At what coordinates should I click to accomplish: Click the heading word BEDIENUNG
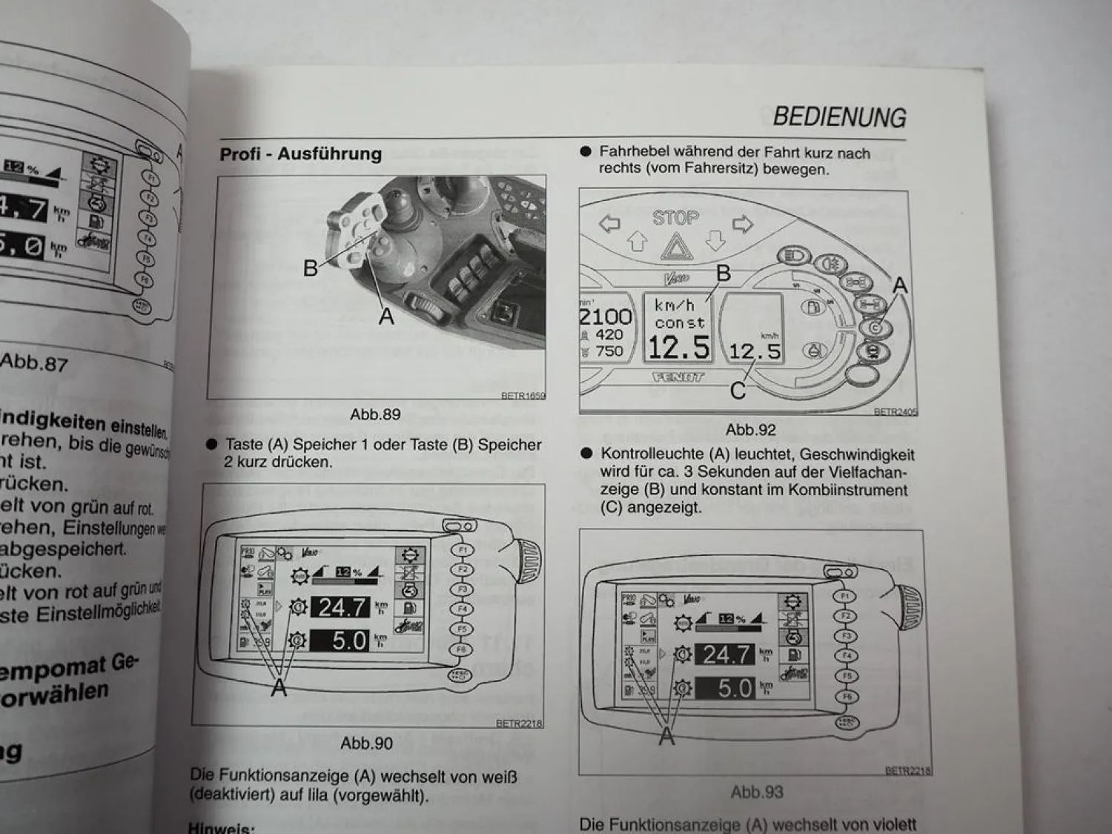point(839,117)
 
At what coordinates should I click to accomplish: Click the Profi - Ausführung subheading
point(300,154)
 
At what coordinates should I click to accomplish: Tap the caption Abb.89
point(375,414)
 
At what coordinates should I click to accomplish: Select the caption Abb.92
point(750,430)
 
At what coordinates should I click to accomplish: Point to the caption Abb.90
point(366,743)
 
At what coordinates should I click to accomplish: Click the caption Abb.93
point(756,792)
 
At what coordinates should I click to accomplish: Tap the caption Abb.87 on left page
point(34,363)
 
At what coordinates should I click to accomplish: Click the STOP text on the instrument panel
point(675,218)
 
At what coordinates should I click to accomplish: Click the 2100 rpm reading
point(606,317)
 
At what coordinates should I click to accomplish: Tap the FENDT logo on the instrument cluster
point(678,377)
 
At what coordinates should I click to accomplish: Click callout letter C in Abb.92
point(738,391)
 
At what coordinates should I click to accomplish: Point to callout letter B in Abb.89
point(311,268)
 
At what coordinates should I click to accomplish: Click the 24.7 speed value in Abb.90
point(342,607)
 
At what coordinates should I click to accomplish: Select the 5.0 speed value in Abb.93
point(733,689)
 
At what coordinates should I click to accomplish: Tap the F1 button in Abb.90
point(463,550)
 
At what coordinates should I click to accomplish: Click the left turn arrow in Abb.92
point(609,223)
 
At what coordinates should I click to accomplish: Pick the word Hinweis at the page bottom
point(221,827)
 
